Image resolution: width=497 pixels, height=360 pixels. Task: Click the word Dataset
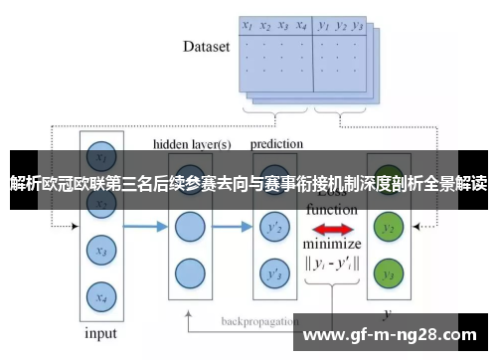(207, 46)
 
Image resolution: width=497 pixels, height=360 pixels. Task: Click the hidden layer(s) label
(191, 143)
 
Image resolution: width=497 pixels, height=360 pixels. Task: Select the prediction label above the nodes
(276, 143)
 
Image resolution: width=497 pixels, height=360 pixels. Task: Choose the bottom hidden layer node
(190, 272)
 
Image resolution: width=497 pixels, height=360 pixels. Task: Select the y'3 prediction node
(270, 272)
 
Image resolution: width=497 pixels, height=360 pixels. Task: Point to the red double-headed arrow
(331, 229)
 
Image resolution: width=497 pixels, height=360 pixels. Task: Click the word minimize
(332, 245)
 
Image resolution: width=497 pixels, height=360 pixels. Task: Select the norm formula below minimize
(333, 265)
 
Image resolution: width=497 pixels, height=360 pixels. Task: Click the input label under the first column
(99, 334)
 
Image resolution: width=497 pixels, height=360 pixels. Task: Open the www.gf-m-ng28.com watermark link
(393, 335)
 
